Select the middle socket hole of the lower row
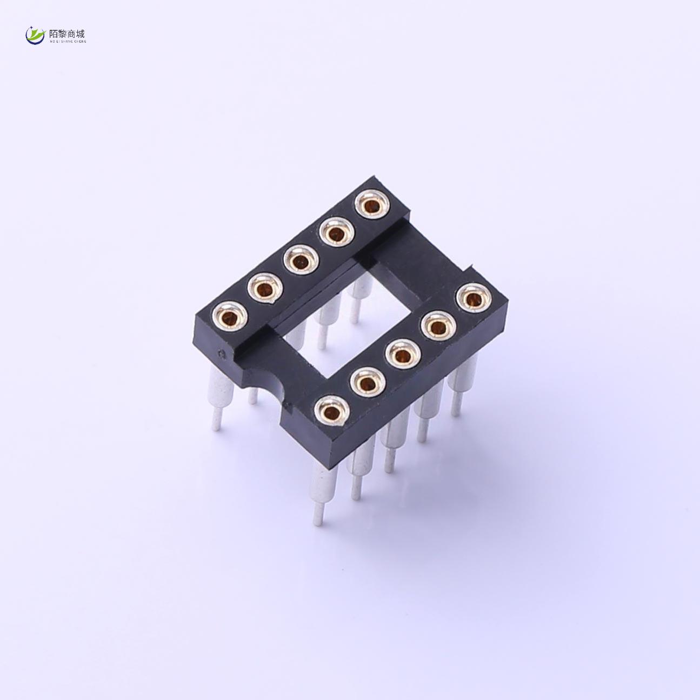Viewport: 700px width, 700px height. click(x=402, y=356)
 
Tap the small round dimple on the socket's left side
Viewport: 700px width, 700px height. click(x=221, y=355)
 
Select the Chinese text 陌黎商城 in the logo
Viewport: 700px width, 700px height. click(x=67, y=33)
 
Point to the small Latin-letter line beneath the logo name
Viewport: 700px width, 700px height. click(x=67, y=41)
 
